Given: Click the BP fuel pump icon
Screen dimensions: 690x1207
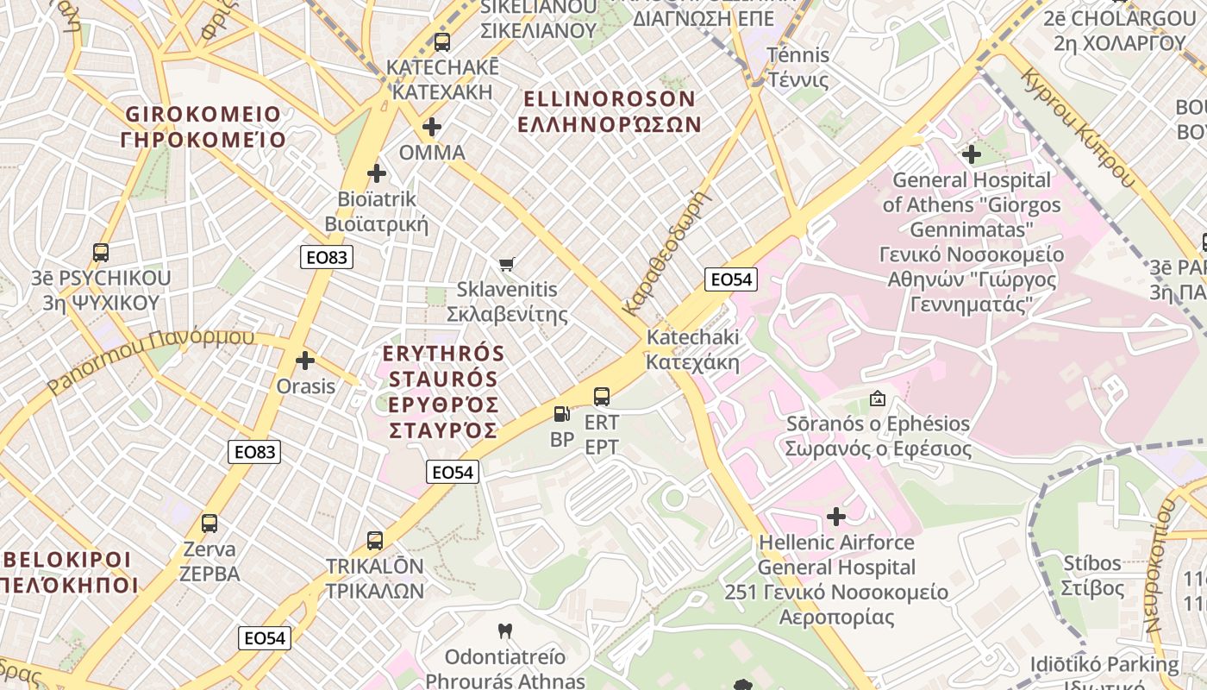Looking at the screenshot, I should click(x=561, y=414).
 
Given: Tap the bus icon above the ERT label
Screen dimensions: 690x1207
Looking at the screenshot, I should click(x=602, y=397).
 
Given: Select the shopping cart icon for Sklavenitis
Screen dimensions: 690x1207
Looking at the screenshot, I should click(x=507, y=264).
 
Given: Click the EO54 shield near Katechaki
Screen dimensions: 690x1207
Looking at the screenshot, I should click(x=730, y=279).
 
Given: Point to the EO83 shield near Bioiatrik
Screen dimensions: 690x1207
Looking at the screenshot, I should click(x=327, y=257).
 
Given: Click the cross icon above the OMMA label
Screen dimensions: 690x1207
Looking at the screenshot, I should click(x=432, y=128).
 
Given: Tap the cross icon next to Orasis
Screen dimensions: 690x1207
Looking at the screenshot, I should click(x=305, y=361).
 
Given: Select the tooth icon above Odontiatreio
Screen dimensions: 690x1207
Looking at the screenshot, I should click(x=505, y=631).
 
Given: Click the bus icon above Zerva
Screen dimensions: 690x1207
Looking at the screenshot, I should click(x=210, y=523).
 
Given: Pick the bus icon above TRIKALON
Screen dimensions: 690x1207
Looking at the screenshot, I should click(x=375, y=541).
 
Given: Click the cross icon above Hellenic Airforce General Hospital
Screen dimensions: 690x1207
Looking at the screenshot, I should click(x=836, y=517).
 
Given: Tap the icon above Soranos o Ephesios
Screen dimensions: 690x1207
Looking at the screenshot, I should click(x=878, y=398).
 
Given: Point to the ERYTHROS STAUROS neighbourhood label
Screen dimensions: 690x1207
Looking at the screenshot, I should click(x=443, y=392).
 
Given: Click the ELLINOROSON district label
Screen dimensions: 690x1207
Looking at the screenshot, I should click(x=609, y=111).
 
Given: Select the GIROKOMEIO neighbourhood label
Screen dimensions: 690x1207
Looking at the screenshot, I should click(x=203, y=127).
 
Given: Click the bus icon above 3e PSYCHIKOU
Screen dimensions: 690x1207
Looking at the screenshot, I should click(x=101, y=253).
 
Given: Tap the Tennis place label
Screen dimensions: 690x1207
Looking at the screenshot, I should click(x=798, y=68).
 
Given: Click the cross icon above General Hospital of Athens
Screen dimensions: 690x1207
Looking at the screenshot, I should click(x=972, y=155).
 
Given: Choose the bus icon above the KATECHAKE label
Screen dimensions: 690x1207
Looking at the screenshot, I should click(x=442, y=41).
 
